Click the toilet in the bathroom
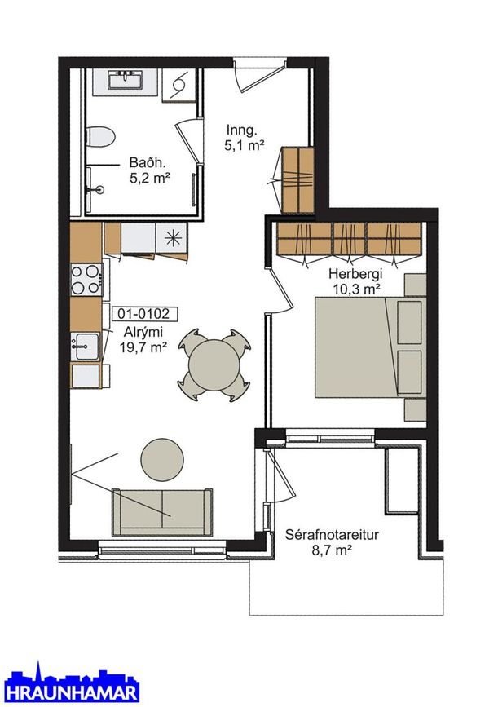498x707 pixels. point(100,137)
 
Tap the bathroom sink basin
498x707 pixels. point(126,80)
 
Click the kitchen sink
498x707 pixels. point(86,346)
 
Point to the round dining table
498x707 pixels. point(214,365)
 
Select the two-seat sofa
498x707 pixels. point(162,513)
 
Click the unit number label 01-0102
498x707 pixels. point(143,313)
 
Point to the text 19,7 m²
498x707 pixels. point(143,347)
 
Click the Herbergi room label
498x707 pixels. point(355,274)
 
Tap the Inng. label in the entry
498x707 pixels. point(241,130)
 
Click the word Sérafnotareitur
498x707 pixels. point(332,535)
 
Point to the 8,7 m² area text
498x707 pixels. point(332,550)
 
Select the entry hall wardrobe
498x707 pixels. point(297,180)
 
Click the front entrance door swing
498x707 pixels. point(260,75)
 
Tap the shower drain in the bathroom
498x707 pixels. point(100,190)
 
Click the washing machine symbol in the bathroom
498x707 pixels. point(179,86)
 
